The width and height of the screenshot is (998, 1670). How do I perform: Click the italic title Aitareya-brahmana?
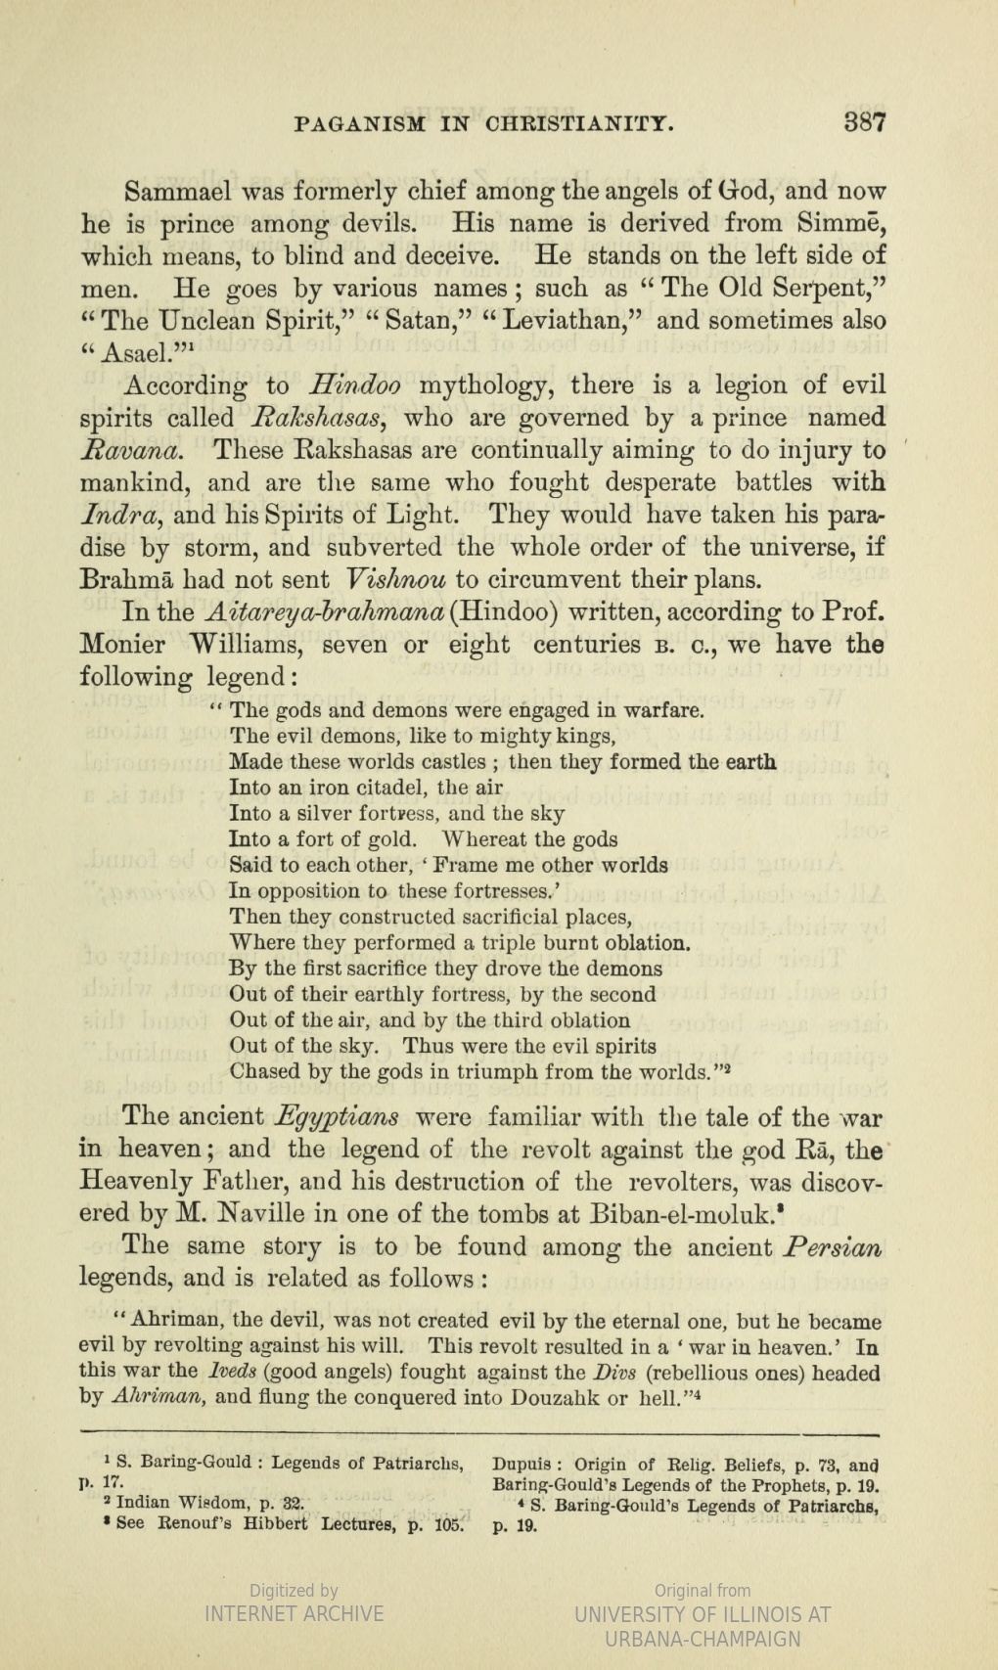click(x=326, y=612)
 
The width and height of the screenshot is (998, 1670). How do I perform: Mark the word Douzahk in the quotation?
click(x=557, y=1397)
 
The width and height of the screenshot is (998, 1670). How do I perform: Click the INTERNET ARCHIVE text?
click(x=294, y=1613)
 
